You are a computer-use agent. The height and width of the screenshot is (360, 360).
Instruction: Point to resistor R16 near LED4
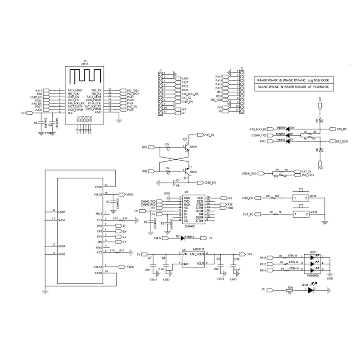click(290, 290)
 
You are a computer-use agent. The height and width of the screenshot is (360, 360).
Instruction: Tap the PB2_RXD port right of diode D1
click(342, 141)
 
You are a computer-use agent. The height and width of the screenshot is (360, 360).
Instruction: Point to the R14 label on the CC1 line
click(124, 218)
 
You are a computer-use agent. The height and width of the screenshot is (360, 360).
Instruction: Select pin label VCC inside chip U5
click(200, 198)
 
